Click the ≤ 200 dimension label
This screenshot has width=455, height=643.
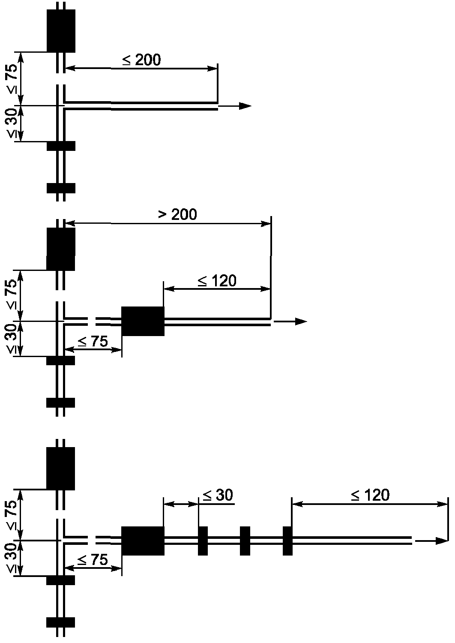click(x=141, y=60)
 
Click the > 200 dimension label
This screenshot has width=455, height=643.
click(x=178, y=214)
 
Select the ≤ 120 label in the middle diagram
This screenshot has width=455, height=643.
click(x=217, y=281)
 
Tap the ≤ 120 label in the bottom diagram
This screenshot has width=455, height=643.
click(x=370, y=495)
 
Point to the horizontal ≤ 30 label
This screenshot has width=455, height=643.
click(x=218, y=495)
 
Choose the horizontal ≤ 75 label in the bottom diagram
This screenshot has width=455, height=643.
click(x=93, y=560)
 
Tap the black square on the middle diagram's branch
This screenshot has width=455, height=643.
click(x=143, y=321)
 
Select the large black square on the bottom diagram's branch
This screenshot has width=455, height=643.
click(x=143, y=541)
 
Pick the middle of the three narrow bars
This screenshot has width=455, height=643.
click(x=245, y=541)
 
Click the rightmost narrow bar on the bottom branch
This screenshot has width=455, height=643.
click(x=287, y=541)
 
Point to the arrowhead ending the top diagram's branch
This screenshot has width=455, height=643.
click(x=245, y=106)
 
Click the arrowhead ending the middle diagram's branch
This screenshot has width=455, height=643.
click(x=301, y=321)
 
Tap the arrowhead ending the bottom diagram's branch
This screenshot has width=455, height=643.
click(x=441, y=541)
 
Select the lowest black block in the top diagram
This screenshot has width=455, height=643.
click(x=61, y=188)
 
